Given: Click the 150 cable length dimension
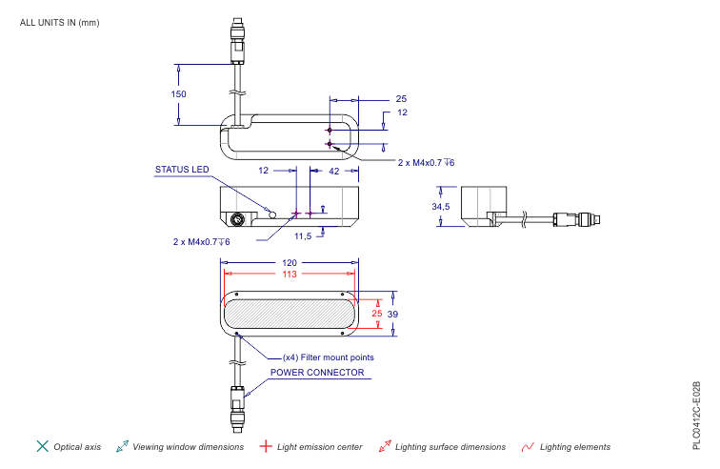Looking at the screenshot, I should (178, 93).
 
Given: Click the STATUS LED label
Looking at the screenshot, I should (181, 171).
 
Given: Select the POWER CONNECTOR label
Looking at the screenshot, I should (316, 373).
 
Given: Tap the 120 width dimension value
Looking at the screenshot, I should (289, 262).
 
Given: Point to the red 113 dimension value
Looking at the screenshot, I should (289, 275).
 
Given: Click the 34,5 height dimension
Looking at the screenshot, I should (440, 206).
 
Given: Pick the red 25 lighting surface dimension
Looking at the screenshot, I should (376, 313).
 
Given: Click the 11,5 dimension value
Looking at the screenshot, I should (303, 235).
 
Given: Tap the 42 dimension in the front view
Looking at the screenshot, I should (333, 171).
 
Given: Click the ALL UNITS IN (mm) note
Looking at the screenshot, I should (59, 22).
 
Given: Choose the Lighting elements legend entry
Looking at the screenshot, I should (574, 446).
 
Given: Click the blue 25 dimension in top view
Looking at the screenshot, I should (401, 98).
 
